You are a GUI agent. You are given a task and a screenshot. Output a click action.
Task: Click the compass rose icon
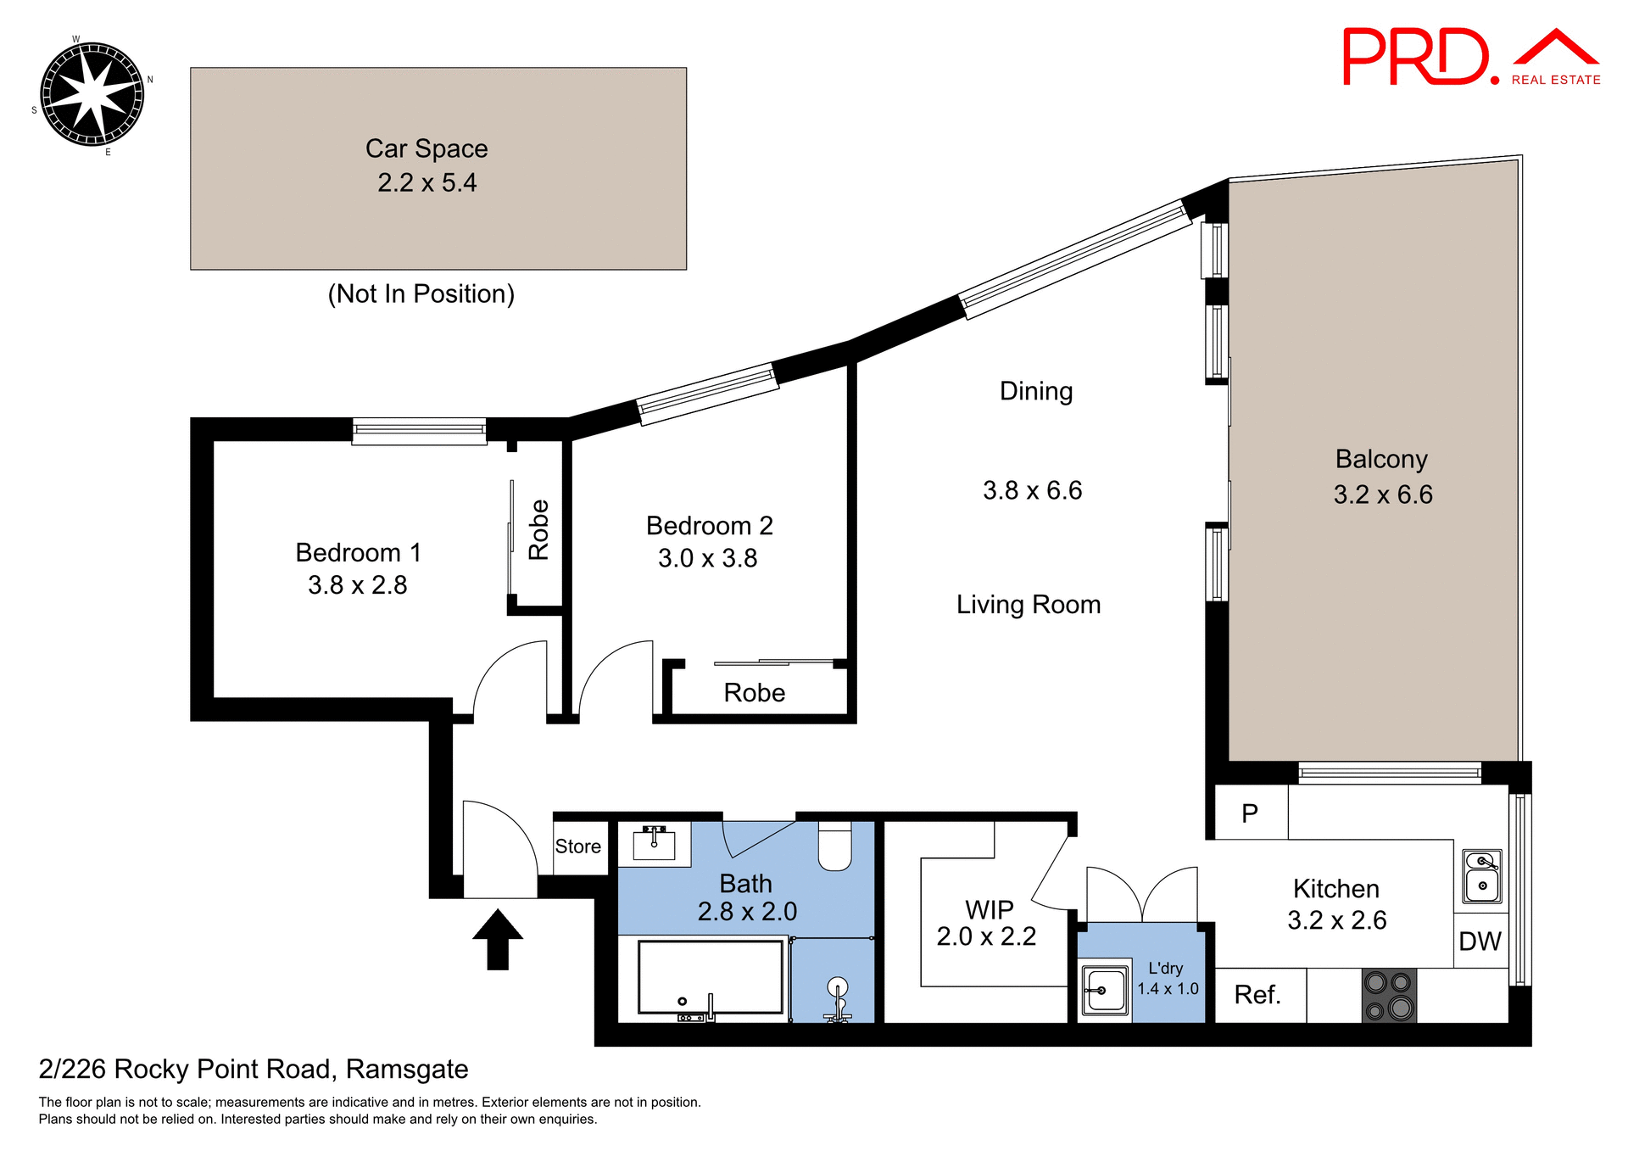(x=92, y=94)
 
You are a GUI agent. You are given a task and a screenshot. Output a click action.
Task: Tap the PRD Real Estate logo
(x=1470, y=57)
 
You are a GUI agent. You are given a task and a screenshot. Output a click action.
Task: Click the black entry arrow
(x=498, y=939)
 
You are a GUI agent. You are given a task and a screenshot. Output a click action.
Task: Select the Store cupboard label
(x=578, y=846)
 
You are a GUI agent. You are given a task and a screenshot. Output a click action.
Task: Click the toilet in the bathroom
(x=834, y=846)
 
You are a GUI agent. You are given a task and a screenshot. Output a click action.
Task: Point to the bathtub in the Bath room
(x=711, y=976)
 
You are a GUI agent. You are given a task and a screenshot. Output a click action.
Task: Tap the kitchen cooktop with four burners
(x=1389, y=995)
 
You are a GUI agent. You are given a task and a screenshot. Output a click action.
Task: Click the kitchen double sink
(x=1482, y=875)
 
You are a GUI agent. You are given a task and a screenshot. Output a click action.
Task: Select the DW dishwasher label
(x=1480, y=941)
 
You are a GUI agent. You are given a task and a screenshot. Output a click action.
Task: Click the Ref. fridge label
(x=1257, y=995)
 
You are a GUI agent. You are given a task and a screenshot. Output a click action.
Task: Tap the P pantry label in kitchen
(x=1250, y=813)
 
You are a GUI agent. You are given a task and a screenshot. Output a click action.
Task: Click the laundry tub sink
(x=1106, y=990)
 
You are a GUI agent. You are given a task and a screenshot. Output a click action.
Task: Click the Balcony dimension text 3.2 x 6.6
(x=1383, y=494)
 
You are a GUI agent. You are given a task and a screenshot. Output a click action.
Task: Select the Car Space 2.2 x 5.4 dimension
(x=427, y=183)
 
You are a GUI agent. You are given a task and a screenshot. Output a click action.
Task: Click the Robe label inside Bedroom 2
(x=754, y=693)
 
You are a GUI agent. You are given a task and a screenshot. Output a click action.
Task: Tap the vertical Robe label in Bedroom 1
(x=539, y=530)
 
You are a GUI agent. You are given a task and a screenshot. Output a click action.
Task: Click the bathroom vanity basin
(x=654, y=844)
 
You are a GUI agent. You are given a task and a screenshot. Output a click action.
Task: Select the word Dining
(x=1036, y=391)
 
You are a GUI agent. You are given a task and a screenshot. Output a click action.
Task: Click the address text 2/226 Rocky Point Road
(x=253, y=1070)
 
